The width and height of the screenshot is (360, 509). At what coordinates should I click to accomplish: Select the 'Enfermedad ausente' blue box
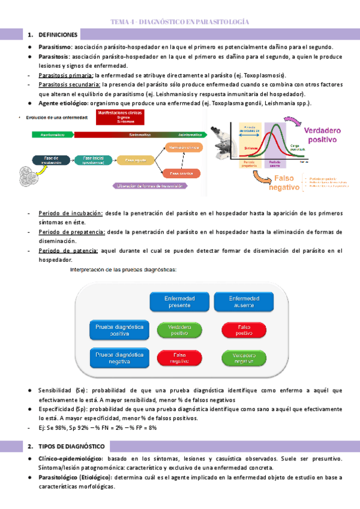point(243,301)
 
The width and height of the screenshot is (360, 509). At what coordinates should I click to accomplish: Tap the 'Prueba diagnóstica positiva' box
point(118,330)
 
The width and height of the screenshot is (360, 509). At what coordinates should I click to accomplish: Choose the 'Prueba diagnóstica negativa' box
point(118,358)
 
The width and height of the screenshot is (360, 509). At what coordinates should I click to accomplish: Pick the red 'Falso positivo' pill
point(243,330)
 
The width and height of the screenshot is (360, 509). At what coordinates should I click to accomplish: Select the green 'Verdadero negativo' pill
point(243,358)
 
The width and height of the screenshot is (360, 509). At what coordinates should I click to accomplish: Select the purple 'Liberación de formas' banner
point(149,186)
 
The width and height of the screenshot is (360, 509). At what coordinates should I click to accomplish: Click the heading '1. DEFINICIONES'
point(58,35)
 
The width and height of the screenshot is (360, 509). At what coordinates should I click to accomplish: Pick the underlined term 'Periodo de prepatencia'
point(71,232)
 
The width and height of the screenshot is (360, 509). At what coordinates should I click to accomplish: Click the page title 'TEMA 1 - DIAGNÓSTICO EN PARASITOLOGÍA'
point(180,22)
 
